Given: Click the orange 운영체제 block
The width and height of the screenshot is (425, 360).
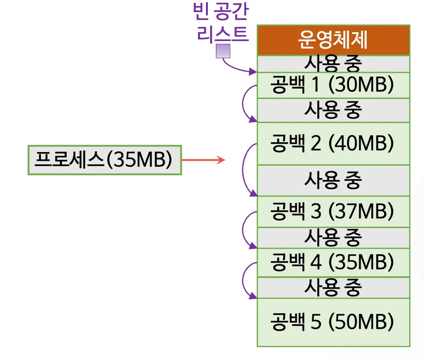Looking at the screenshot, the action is (x=333, y=40).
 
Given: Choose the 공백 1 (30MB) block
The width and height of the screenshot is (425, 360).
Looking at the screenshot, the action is (x=333, y=85).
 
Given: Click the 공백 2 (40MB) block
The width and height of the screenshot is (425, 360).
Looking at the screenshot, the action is (x=333, y=143).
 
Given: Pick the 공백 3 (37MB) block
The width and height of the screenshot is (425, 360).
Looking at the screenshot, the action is (x=333, y=212).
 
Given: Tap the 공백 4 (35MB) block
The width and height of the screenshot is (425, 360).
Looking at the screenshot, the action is (x=333, y=262).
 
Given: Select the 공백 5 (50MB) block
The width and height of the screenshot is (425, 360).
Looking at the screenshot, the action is (x=333, y=322).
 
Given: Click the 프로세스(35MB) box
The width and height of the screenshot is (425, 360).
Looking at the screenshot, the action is (x=104, y=160).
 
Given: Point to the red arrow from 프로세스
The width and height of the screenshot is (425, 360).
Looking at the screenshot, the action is (x=203, y=160).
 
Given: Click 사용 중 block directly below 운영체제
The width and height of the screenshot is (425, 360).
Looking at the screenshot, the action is (x=333, y=63).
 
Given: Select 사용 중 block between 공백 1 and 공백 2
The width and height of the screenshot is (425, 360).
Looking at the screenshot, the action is (x=333, y=110).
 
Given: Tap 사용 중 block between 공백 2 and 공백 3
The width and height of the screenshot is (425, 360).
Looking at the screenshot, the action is (x=333, y=180).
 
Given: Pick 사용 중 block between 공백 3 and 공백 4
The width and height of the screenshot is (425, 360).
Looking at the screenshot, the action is (x=333, y=238).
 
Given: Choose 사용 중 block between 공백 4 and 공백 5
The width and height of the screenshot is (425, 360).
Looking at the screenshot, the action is (x=333, y=288).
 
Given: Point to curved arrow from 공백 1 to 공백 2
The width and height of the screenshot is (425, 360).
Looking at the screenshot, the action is (x=243, y=104).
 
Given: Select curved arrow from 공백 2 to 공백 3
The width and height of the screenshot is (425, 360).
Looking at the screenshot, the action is (x=243, y=170).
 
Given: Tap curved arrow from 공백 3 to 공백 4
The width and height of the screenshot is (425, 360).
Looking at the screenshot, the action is (x=243, y=229).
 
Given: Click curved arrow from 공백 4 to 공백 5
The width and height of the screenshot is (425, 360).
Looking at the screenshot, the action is (x=243, y=280).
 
